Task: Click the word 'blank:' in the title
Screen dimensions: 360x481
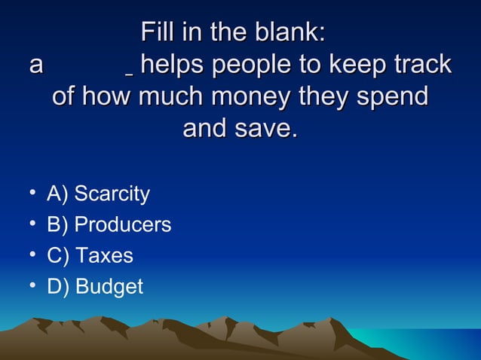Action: coord(287,33)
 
